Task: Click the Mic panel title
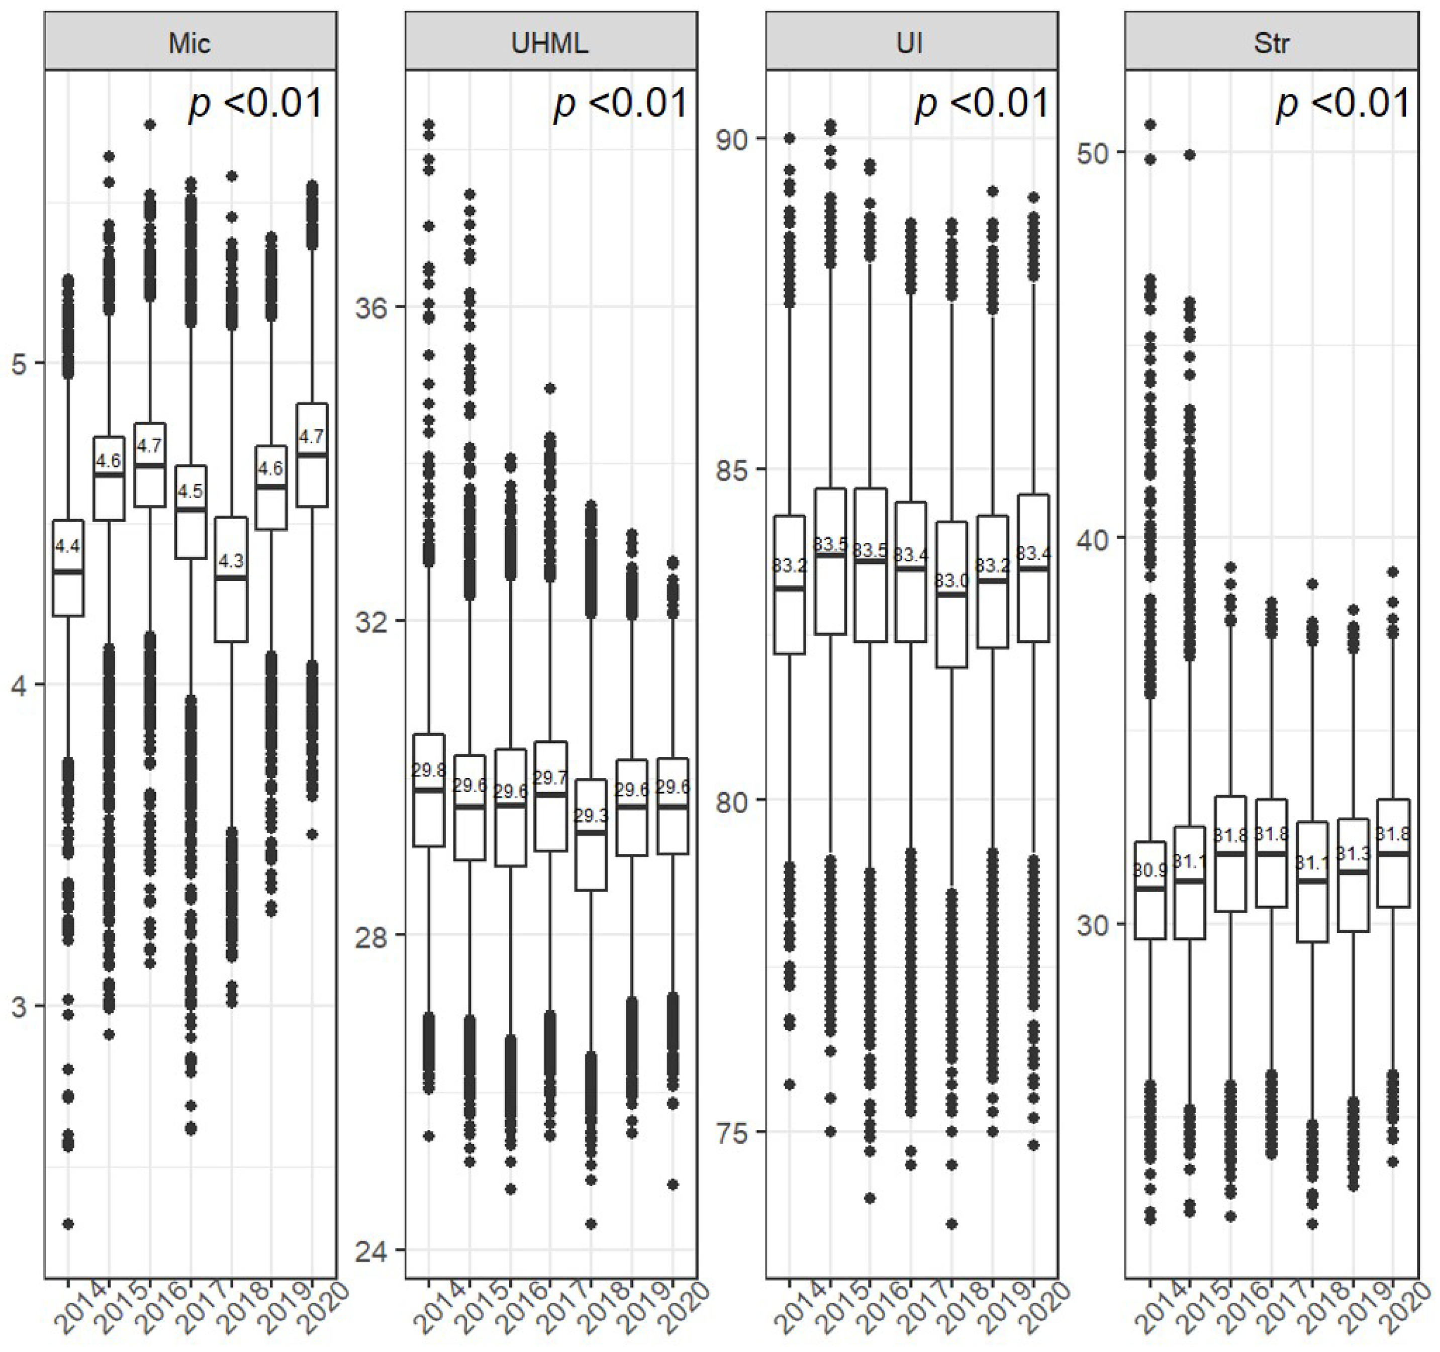pos(190,43)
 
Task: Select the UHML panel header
pos(550,43)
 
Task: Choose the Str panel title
pos(1271,43)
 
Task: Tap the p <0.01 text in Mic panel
pos(256,104)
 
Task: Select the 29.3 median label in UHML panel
pos(591,816)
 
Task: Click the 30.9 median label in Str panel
pos(1149,871)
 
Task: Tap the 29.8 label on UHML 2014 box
pos(428,770)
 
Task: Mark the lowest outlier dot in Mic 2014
pos(67,1224)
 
